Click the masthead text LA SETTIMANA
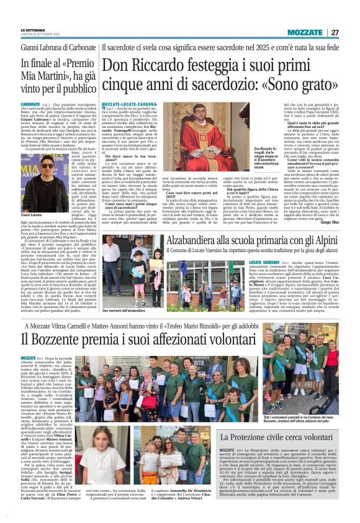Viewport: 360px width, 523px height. [32, 29]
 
